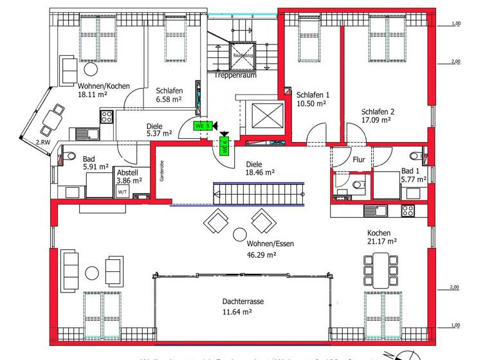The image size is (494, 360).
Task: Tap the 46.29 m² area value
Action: [x=261, y=255]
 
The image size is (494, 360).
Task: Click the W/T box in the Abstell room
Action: [x=122, y=191]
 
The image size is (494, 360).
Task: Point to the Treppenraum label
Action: [x=235, y=75]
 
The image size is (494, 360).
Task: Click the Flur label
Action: [x=359, y=159]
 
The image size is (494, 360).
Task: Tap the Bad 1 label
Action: [x=412, y=171]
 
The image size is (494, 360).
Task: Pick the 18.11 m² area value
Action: [x=92, y=94]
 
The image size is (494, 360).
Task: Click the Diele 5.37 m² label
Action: [x=158, y=130]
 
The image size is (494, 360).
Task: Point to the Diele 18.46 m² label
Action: [x=260, y=168]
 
